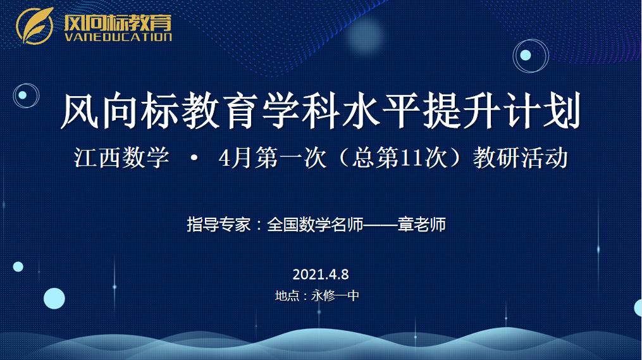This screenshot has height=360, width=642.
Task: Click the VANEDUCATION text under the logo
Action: coord(118,37)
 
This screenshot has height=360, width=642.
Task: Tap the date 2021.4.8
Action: coord(321,275)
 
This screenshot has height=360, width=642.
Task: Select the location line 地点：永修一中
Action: coord(317,295)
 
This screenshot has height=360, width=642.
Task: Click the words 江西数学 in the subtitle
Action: coord(121,158)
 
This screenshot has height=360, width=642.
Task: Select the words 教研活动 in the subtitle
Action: coord(520,158)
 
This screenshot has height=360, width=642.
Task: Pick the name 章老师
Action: coord(422,225)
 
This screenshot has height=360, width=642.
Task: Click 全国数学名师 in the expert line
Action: coord(315,225)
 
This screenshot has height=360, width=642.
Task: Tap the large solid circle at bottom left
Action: coord(54,298)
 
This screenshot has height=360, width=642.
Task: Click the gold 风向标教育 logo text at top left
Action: coord(118,22)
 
